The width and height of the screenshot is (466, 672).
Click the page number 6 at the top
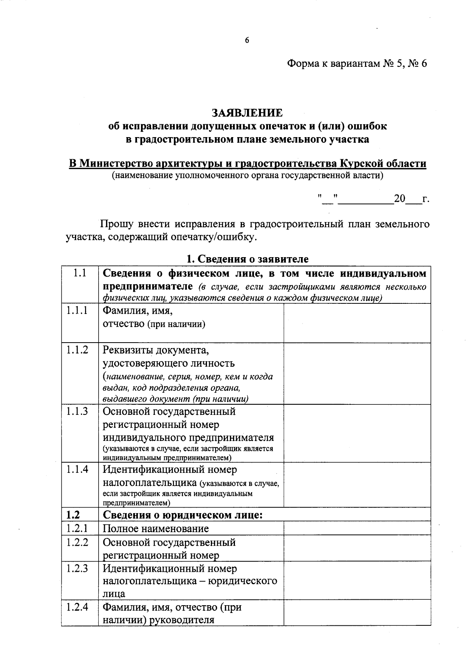click(247, 40)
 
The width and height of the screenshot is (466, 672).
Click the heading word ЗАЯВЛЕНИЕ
click(247, 113)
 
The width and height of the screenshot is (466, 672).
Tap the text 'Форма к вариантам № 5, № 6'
click(356, 63)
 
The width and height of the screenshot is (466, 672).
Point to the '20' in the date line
click(400, 199)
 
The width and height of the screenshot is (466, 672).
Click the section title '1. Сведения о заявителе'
click(247, 259)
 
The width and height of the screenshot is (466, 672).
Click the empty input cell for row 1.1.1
click(357, 323)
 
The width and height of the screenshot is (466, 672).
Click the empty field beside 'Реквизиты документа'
click(357, 373)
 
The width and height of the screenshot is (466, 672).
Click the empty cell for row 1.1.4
click(357, 484)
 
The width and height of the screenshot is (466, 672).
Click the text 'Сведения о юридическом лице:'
click(183, 515)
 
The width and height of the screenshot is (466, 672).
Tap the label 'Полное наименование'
click(156, 528)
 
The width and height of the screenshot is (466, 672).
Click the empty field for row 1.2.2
click(357, 548)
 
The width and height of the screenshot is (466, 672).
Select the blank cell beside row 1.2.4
click(357, 612)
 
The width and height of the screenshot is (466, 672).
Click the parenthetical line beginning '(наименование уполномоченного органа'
click(247, 176)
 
